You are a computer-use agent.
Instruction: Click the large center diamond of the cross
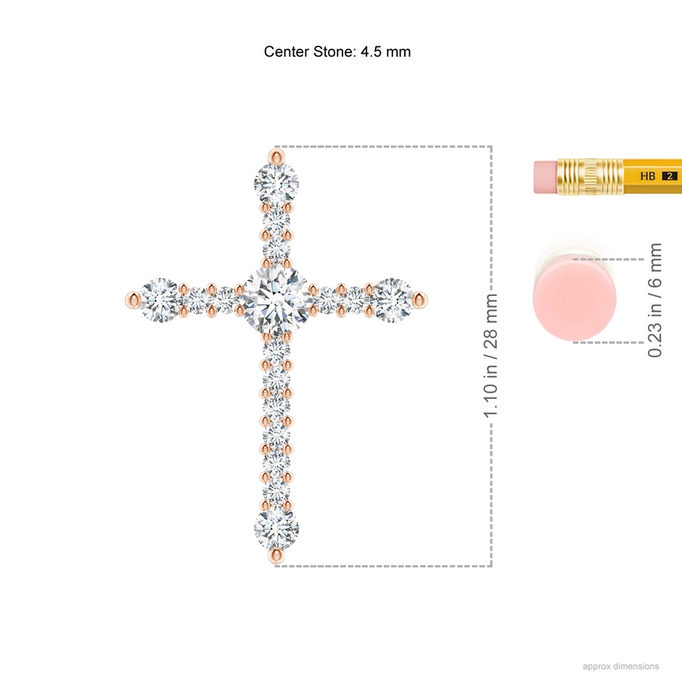(276, 300)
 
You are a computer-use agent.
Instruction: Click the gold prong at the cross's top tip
(276, 157)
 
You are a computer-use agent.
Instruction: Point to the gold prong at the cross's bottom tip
(276, 556)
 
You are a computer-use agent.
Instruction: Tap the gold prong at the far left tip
(133, 300)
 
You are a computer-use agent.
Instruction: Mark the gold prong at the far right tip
(420, 300)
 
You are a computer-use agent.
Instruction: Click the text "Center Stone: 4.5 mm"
(337, 52)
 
